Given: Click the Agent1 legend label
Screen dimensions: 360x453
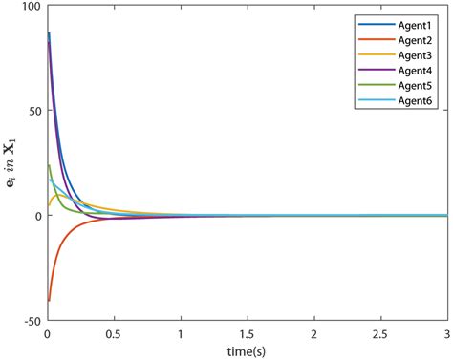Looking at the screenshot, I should tap(414, 19).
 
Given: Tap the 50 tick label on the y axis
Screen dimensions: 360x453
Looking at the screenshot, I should tap(34, 111).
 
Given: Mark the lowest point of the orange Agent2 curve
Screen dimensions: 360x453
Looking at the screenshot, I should tap(49, 301).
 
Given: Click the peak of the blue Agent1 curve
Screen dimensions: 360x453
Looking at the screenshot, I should tap(49, 33).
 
